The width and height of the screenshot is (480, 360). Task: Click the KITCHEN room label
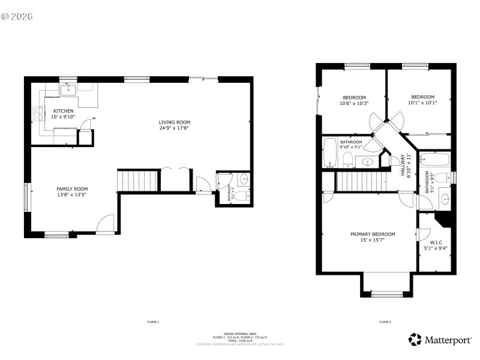pos(64,111)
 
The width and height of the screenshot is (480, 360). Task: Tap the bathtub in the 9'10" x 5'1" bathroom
pos(330,152)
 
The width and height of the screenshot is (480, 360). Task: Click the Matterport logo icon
pos(415,340)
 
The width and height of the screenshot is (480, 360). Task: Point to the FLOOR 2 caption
pos(385,322)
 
